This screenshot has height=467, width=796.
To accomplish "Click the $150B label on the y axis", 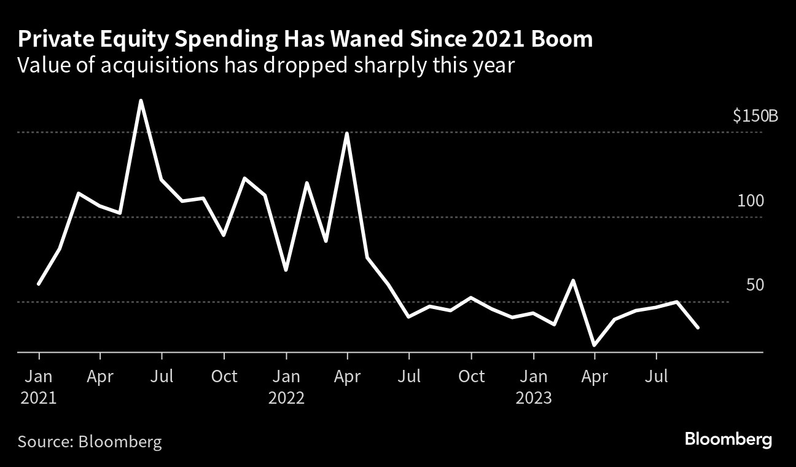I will click(x=755, y=116).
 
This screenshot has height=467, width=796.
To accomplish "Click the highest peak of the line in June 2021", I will click(x=141, y=101).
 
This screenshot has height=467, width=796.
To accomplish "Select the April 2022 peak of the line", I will click(x=348, y=133).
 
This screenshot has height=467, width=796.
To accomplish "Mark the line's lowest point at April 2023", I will click(x=595, y=345).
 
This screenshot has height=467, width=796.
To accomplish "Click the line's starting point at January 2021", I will click(x=39, y=283).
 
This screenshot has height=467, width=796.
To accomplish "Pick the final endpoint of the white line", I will click(x=697, y=328).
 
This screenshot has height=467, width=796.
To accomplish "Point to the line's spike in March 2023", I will click(x=573, y=281).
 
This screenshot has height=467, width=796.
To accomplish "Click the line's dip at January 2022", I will click(x=286, y=270).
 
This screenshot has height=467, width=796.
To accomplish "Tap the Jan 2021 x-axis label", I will click(x=39, y=387).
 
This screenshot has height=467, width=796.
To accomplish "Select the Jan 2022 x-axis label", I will click(x=286, y=387).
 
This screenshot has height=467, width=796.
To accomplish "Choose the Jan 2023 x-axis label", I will click(x=534, y=387).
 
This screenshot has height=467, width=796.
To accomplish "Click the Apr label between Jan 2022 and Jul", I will click(x=348, y=376).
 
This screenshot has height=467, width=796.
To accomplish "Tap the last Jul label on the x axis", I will click(x=657, y=376).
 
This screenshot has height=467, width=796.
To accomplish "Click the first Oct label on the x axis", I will click(x=224, y=376).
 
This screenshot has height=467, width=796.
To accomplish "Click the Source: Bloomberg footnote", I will click(x=90, y=441).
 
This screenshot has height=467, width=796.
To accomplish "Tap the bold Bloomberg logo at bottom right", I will click(x=728, y=440).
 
